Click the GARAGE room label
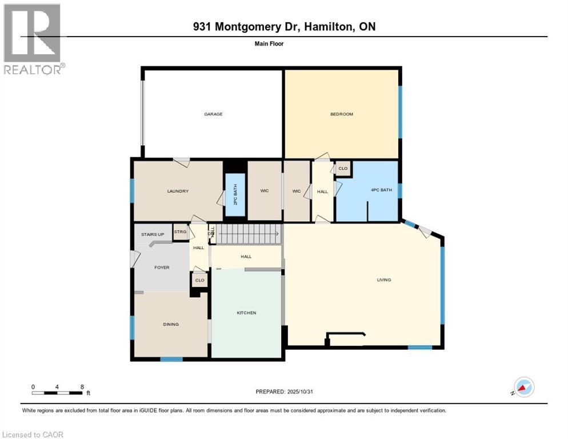213,114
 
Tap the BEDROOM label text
341,114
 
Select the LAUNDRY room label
178,191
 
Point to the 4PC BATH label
381,190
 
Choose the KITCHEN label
246,313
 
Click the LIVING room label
383,280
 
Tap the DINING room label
171,325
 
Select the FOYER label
162,268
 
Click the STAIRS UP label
153,234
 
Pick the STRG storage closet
181,232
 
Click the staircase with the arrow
249,234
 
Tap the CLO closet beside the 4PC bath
343,169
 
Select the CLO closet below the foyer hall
199,280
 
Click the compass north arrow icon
523,387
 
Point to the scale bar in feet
58,392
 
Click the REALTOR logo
33,39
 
